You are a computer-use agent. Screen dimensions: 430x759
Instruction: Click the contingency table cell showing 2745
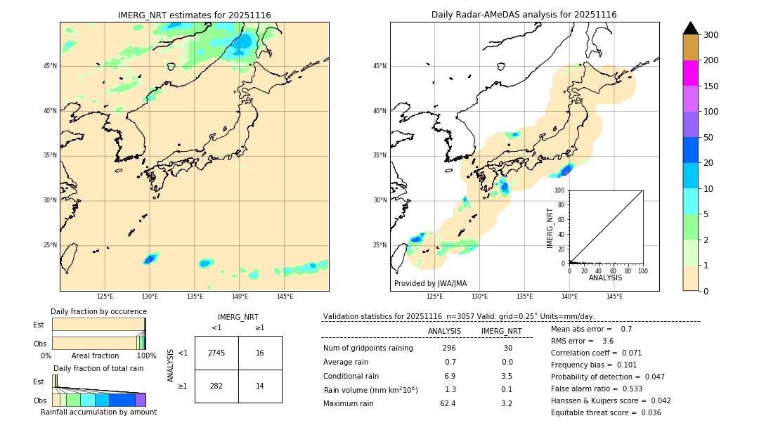click(x=216, y=353)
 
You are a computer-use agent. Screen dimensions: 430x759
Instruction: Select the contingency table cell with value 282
click(x=216, y=386)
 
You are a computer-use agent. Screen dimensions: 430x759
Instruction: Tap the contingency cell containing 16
click(x=260, y=353)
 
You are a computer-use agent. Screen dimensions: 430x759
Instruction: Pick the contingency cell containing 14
click(x=260, y=386)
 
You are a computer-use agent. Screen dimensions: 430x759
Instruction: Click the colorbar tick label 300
click(x=711, y=35)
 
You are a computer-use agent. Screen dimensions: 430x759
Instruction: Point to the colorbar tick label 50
click(x=708, y=138)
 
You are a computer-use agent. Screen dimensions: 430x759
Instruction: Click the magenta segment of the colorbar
click(x=691, y=73)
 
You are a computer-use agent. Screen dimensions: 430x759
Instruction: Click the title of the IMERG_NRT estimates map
click(x=194, y=15)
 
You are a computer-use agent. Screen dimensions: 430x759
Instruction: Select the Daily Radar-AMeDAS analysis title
click(x=524, y=15)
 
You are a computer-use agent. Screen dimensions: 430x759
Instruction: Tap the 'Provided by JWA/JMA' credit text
click(x=430, y=283)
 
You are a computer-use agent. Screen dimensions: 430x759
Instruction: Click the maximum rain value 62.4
click(x=448, y=403)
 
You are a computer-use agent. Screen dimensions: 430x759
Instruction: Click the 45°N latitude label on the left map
click(x=50, y=66)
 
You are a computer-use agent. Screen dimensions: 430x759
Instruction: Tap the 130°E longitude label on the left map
click(x=150, y=297)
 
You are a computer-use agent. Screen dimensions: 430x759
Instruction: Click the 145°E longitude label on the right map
click(x=614, y=297)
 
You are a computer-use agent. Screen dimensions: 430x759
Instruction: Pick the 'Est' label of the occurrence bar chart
click(x=39, y=325)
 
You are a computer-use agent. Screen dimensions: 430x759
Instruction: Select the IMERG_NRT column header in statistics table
click(x=501, y=331)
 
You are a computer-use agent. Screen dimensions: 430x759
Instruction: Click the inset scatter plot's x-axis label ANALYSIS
click(x=605, y=278)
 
